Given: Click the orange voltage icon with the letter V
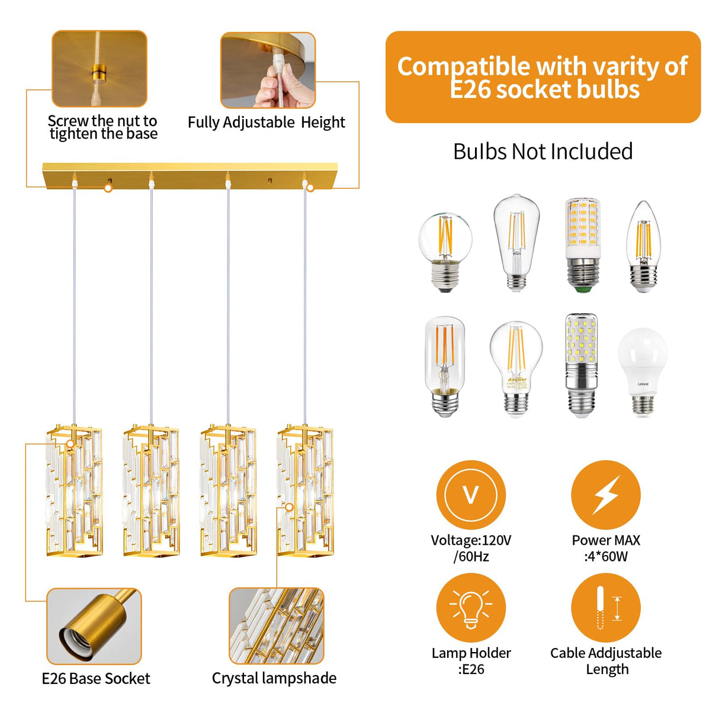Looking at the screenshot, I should click(x=471, y=495).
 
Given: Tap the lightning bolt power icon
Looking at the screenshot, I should click(x=605, y=495).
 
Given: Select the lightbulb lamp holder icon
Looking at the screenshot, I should click(x=471, y=608).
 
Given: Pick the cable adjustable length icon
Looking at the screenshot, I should click(x=605, y=608).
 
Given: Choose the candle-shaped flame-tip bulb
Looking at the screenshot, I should click(x=643, y=246).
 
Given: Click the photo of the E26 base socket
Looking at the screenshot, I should click(x=94, y=626).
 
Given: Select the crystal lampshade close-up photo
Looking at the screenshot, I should click(x=276, y=626).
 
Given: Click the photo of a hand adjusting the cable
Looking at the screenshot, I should click(x=268, y=70).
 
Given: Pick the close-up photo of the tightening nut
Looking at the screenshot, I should click(x=99, y=69).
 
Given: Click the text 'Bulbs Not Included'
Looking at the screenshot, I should click(x=543, y=152).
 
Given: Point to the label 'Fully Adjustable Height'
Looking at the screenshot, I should click(x=266, y=123).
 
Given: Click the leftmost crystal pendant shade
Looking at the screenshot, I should click(x=74, y=490).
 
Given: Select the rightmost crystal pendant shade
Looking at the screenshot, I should click(x=305, y=490).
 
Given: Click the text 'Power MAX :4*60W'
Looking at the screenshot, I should click(x=605, y=548).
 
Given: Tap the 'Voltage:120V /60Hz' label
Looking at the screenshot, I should click(x=471, y=548).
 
